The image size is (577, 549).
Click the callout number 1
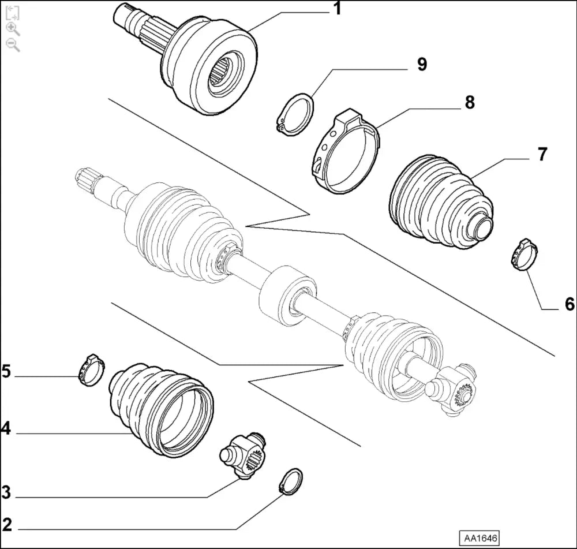[x=337, y=9]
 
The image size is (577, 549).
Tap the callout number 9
[x=422, y=64]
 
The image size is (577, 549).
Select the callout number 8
[x=470, y=102]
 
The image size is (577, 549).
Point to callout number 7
[x=542, y=154]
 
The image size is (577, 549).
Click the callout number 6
[x=569, y=304]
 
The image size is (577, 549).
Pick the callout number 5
[x=6, y=371]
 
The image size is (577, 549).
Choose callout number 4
[x=6, y=429]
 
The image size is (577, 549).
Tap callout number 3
[x=6, y=492]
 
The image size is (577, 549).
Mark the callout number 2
[x=7, y=525]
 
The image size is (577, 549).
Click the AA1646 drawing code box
[x=480, y=539]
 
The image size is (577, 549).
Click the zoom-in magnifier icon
[x=13, y=29]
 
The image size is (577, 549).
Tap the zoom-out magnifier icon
[x=13, y=45]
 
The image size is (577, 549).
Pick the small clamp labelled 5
[x=92, y=370]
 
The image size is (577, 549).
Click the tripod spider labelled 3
[x=243, y=455]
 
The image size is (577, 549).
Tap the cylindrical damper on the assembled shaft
[x=287, y=294]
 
